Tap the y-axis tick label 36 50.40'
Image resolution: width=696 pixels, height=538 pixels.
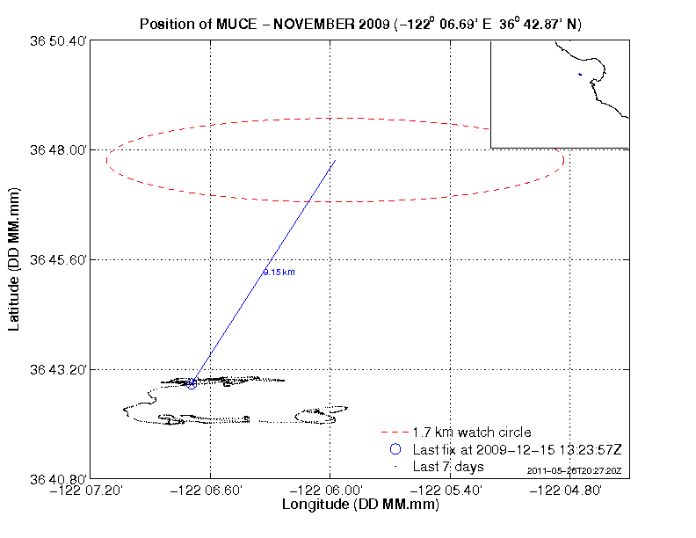tap(60, 41)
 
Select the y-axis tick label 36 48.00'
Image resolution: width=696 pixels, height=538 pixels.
tap(60, 150)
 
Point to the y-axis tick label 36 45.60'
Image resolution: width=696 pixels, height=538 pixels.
tap(60, 260)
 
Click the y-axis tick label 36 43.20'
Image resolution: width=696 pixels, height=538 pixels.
tap(60, 369)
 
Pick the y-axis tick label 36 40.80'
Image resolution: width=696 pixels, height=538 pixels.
tap(60, 478)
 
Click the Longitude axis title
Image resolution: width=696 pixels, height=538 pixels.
tap(359, 505)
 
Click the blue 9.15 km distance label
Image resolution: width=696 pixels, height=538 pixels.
tap(272, 273)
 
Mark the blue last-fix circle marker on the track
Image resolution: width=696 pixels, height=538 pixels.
tap(192, 384)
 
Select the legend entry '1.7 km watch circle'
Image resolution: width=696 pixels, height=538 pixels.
tap(471, 433)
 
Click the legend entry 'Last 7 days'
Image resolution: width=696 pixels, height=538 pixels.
tap(444, 466)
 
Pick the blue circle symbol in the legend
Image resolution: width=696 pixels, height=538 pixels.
tap(395, 449)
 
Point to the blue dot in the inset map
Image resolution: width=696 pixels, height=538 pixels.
tap(580, 75)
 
